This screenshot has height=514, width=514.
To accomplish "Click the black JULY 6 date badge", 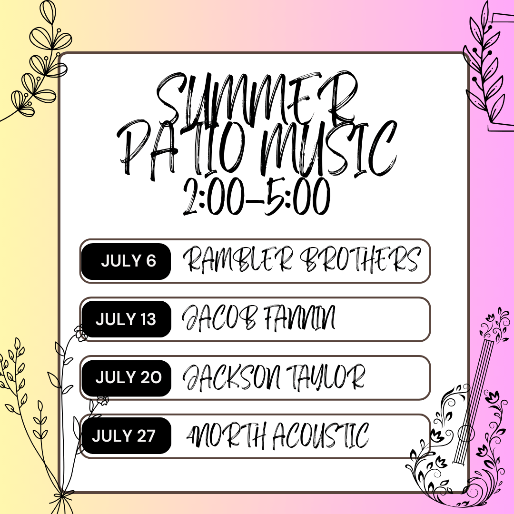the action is pyautogui.click(x=126, y=261).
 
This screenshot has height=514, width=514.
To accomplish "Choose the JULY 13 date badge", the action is pyautogui.click(x=126, y=319).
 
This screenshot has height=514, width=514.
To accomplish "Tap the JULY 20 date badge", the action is pyautogui.click(x=126, y=377).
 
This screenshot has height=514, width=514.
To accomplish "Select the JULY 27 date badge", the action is pyautogui.click(x=126, y=435).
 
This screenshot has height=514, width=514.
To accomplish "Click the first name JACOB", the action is pyautogui.click(x=219, y=317).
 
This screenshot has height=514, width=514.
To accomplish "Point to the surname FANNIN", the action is pyautogui.click(x=299, y=317).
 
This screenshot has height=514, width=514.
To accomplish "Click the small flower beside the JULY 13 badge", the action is pyautogui.click(x=79, y=333).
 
